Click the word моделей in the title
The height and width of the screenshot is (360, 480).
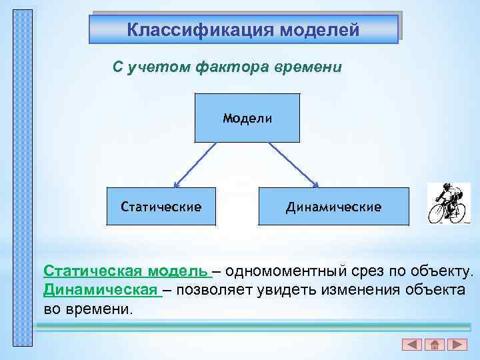(x=319, y=30)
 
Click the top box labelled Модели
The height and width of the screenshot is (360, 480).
(x=247, y=118)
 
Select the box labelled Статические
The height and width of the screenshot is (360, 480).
(x=161, y=207)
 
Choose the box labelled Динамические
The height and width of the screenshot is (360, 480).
(x=333, y=207)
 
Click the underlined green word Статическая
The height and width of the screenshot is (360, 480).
(x=93, y=272)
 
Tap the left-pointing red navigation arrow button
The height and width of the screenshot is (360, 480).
(x=412, y=345)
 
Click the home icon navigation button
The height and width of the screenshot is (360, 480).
(x=434, y=345)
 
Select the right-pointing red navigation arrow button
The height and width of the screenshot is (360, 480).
(x=457, y=345)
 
